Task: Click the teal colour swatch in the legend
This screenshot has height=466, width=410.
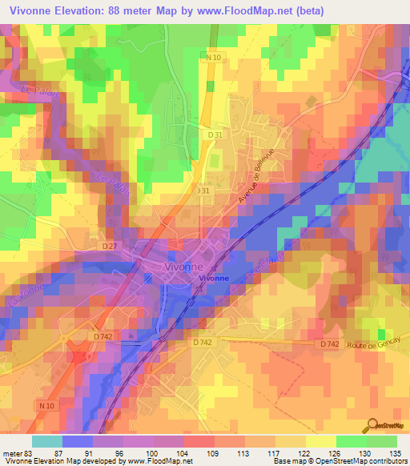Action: tap(47, 441)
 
